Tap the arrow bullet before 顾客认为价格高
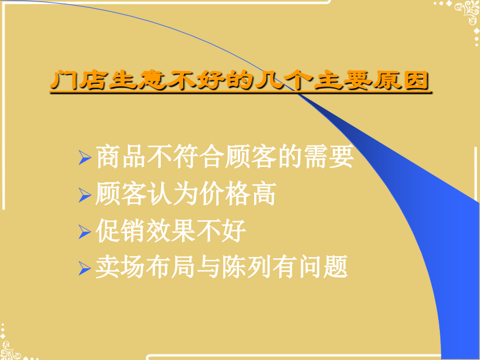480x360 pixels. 85,196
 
